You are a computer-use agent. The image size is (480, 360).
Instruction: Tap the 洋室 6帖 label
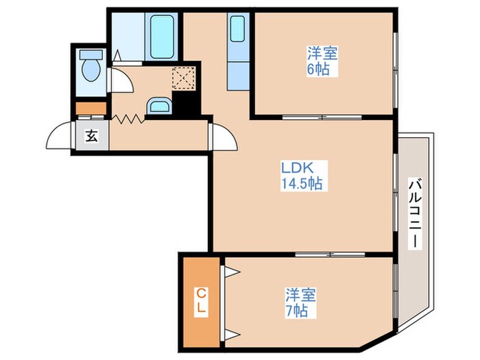click(x=323, y=61)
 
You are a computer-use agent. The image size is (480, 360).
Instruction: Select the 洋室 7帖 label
click(x=300, y=303)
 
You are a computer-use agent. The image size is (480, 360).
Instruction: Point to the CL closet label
click(x=201, y=301)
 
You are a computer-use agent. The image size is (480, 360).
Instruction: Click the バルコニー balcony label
click(x=415, y=214)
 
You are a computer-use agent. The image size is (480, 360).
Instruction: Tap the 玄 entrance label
click(x=91, y=136)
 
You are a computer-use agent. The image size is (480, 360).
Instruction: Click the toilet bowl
click(x=91, y=66)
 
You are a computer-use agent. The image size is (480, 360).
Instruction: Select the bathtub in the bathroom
click(x=162, y=37)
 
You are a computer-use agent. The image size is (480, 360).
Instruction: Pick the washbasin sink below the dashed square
click(x=159, y=106)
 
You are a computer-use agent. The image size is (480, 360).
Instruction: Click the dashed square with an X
click(x=184, y=78)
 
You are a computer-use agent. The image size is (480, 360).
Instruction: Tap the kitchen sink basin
click(x=237, y=29)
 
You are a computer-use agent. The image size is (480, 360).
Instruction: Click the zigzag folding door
click(x=128, y=119)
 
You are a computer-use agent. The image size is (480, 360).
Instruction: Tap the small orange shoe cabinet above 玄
click(x=91, y=108)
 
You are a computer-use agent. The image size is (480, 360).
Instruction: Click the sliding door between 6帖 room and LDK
click(x=322, y=117)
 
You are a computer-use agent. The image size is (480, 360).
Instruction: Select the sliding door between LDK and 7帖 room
click(x=331, y=254)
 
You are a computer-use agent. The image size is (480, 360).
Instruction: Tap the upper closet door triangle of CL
click(x=232, y=272)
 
